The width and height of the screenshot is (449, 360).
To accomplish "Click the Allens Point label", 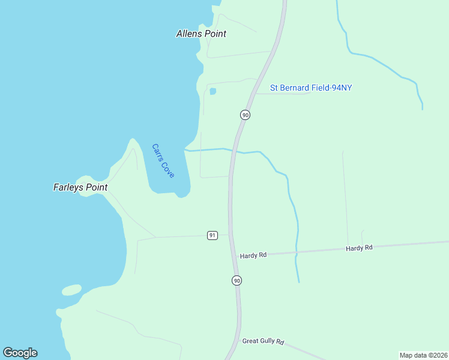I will (x=201, y=34).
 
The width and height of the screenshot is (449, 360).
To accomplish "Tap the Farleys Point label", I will (x=80, y=187).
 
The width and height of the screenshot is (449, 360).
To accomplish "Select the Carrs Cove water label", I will (x=163, y=160).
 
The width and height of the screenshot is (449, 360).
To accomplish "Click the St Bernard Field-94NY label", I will (x=310, y=88).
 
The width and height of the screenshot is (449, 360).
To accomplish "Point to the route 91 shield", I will (x=212, y=235).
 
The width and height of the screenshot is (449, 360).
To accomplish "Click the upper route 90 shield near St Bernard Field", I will (x=245, y=114).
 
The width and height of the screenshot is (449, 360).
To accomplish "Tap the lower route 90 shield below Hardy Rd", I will (x=237, y=280).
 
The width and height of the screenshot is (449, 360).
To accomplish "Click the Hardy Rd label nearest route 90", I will (x=253, y=256).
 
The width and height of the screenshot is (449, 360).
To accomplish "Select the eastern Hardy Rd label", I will (x=359, y=248).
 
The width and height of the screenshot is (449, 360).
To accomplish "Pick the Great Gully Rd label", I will (x=262, y=341).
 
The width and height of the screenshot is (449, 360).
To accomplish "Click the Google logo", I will (x=20, y=353).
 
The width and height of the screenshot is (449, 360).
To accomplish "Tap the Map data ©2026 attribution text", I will (x=423, y=355).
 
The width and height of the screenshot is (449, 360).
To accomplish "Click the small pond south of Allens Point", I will (x=212, y=91).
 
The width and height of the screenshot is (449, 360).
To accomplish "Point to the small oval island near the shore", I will (x=71, y=290).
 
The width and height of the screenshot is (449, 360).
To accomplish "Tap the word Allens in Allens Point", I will (x=190, y=34).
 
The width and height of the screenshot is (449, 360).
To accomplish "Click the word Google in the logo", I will (x=20, y=353).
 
